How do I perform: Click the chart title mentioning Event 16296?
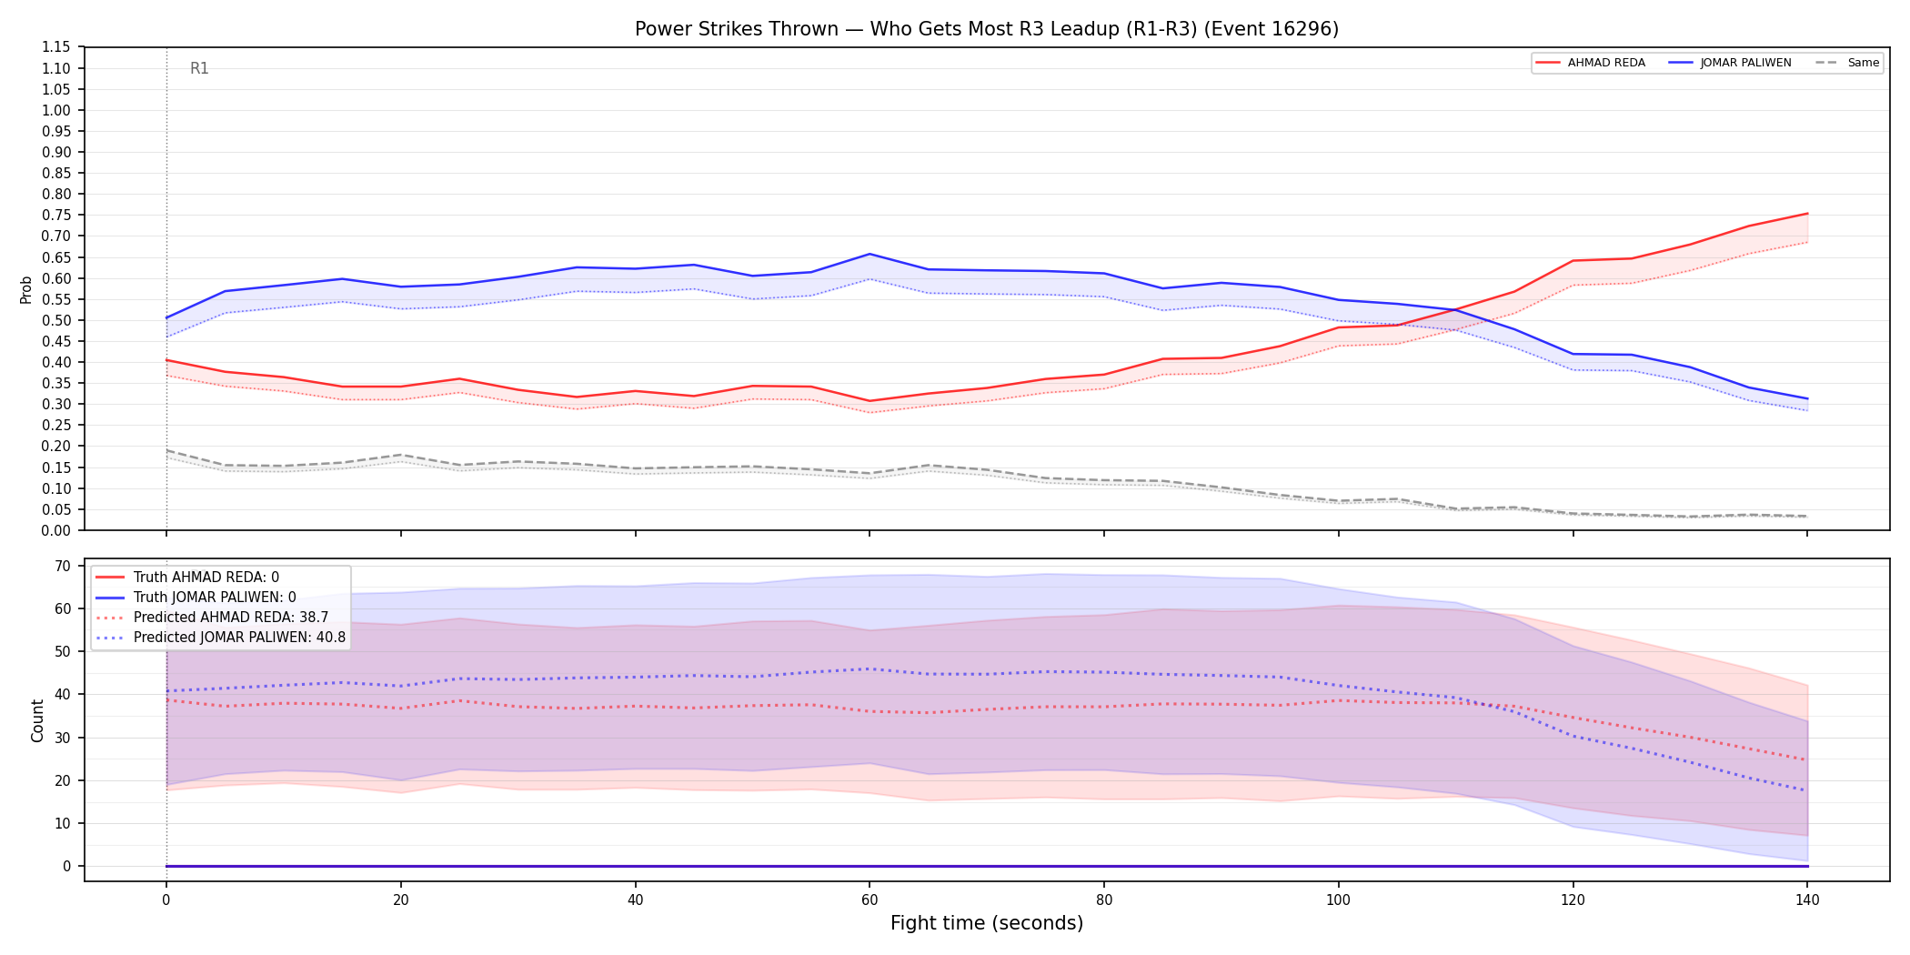coord(987,29)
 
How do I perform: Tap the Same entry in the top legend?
coord(1847,63)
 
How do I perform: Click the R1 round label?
coord(199,68)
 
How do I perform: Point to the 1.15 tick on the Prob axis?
coord(56,47)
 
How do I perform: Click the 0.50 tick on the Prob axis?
coord(56,320)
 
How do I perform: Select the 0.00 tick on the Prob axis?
coord(56,530)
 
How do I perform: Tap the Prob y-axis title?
coord(25,289)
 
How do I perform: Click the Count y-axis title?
coord(37,720)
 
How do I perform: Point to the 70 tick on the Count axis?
coord(63,566)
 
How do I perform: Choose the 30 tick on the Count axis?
coord(63,738)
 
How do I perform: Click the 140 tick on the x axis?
coord(1807,900)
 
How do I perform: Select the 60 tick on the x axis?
coord(870,900)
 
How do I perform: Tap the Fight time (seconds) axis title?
coord(987,923)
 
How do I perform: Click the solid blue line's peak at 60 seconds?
coord(870,254)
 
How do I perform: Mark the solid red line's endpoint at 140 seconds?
coord(1807,214)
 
